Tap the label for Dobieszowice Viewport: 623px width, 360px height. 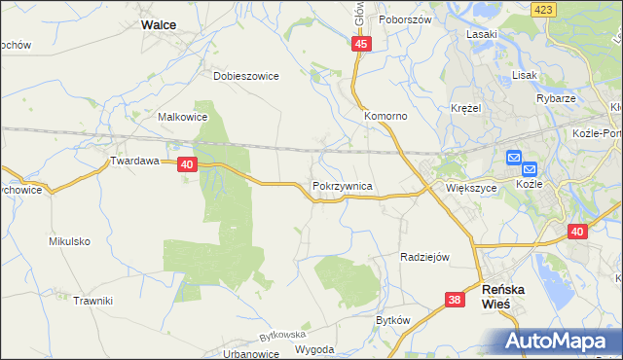click(x=246, y=75)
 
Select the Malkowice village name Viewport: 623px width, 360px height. click(x=183, y=117)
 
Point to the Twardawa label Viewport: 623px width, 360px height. click(x=133, y=162)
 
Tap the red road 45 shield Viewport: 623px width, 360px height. click(x=361, y=45)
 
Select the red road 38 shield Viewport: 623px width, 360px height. click(x=455, y=301)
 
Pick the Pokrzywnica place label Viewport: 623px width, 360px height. click(x=342, y=184)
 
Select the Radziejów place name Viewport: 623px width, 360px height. click(x=423, y=257)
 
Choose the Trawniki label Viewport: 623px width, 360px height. click(x=92, y=301)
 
